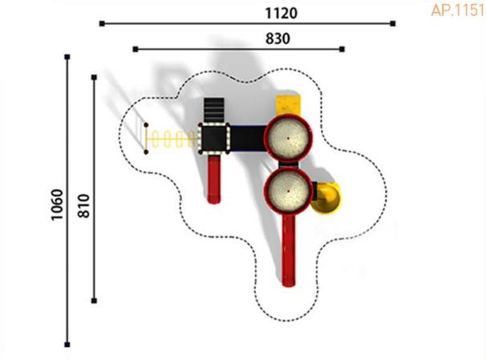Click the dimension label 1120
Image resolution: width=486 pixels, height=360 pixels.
tap(281, 14)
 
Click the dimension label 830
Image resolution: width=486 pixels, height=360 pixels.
tap(277, 39)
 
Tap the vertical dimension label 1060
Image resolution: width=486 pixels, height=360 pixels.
tap(57, 204)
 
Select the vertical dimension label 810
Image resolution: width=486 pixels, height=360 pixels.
tap(83, 206)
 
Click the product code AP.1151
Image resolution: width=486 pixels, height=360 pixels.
tap(458, 10)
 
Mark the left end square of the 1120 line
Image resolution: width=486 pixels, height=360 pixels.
tap(102, 23)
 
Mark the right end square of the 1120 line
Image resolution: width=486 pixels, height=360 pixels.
tap(393, 23)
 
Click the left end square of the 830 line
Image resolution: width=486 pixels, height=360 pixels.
tap(136, 49)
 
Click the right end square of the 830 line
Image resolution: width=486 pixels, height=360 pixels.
tap(342, 49)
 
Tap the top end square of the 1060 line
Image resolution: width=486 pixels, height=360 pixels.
tap(67, 57)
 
